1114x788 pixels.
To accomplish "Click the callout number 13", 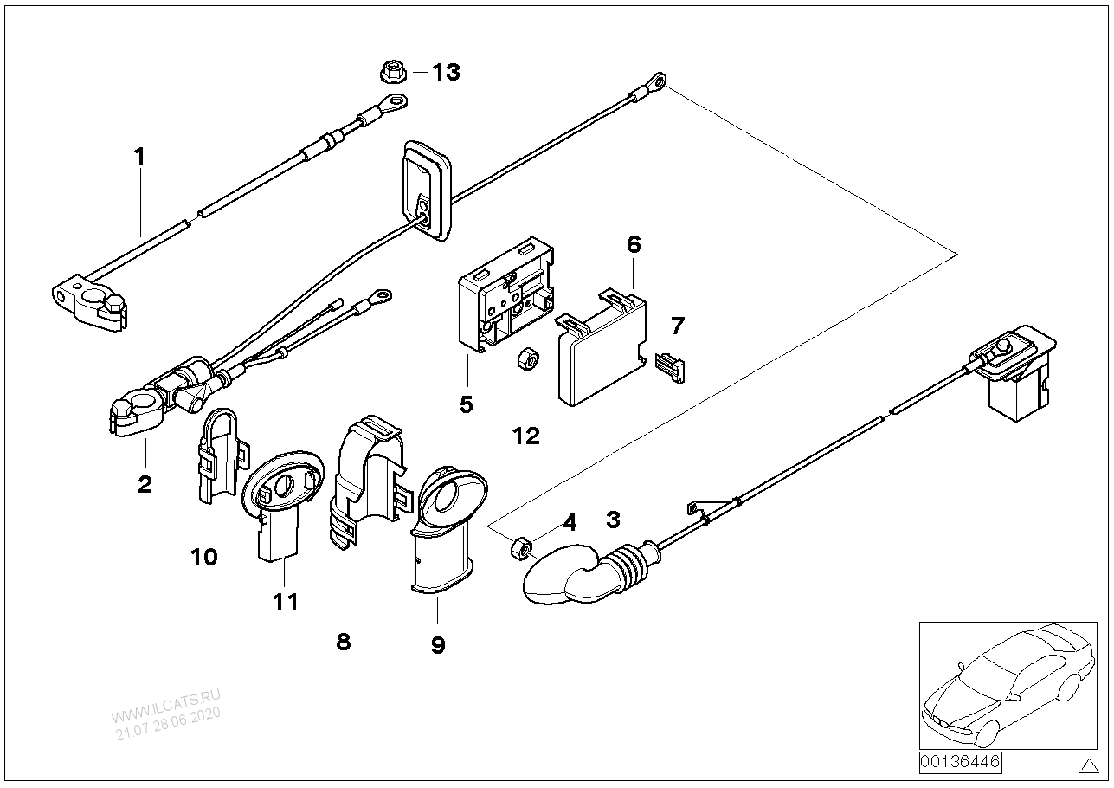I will [x=446, y=72].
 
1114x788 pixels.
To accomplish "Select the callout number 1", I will [x=138, y=157].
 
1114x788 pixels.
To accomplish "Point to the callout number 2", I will [x=145, y=483].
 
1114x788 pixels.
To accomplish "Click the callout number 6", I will [x=634, y=245].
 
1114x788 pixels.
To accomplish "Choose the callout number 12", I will [x=525, y=436].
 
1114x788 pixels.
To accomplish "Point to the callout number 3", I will [x=613, y=520].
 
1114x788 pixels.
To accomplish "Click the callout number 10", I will [x=204, y=556].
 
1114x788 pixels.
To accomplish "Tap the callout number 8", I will [x=344, y=642].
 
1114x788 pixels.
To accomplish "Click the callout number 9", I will [x=437, y=644].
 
